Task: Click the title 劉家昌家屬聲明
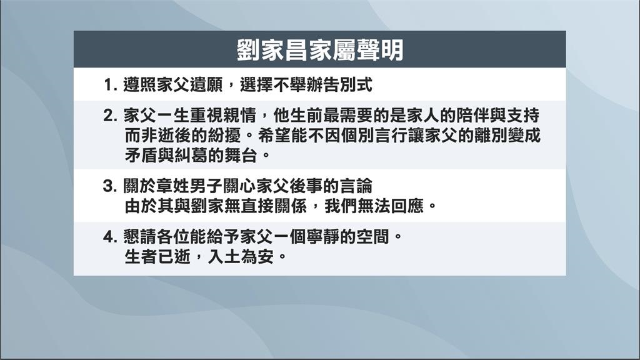[319, 50]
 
